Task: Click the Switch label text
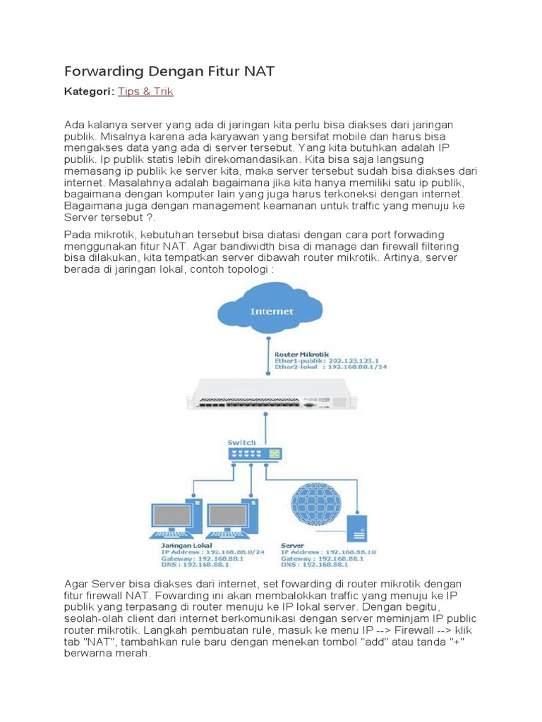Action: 241,442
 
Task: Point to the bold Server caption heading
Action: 292,545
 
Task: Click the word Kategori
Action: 89,92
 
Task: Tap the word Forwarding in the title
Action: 104,71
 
